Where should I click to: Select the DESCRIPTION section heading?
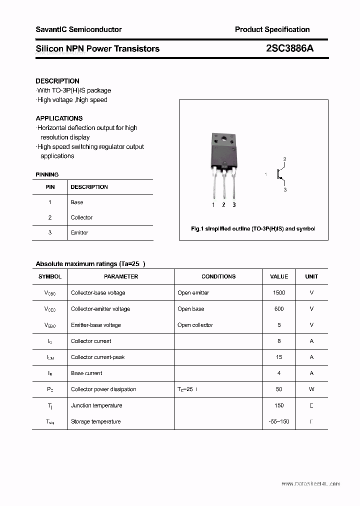[57, 81]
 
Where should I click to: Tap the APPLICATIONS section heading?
[59, 118]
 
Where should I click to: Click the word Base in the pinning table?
[77, 202]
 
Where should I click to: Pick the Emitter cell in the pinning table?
[79, 232]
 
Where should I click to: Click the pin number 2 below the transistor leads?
[223, 205]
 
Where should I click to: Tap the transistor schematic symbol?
[281, 174]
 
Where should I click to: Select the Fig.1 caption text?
[253, 228]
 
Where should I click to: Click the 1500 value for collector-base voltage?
[279, 293]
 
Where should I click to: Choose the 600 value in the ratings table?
[279, 309]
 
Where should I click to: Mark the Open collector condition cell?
[195, 325]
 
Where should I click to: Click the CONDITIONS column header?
[218, 276]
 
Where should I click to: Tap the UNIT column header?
[311, 276]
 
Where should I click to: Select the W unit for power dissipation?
[311, 389]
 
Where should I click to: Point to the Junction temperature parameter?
[96, 405]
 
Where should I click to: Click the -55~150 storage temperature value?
[279, 421]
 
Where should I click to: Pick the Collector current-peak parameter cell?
[98, 357]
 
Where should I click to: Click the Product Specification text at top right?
[272, 29]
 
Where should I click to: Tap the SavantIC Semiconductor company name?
[78, 29]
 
